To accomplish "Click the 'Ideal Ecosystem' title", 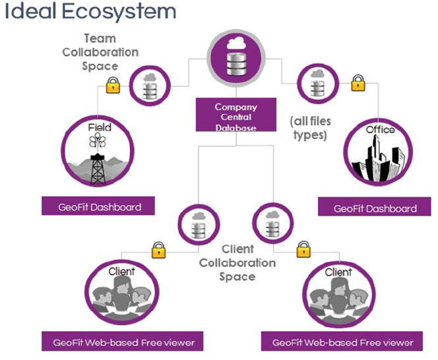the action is coord(90,11).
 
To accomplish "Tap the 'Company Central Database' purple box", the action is coord(236,115).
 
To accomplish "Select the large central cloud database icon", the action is coord(236,58).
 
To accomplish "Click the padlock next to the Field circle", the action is coord(113,85).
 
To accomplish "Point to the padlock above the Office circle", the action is coord(358,83).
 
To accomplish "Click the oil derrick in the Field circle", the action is coord(98,169).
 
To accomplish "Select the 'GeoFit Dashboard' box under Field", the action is coord(98,206).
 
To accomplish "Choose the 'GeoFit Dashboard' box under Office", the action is coord(374,206).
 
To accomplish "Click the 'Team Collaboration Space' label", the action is coord(100,52).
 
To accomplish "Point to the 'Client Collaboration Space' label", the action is coord(237,263).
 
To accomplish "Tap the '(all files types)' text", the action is coord(310,128).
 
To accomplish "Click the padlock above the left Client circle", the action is coord(159,250).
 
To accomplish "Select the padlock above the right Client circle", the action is coord(303,249).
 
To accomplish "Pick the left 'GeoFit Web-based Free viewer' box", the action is coord(122,341).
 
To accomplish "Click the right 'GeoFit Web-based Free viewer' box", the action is coord(342,341).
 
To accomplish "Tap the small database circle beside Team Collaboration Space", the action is coord(150,86).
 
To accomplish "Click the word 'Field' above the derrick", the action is coord(100,128).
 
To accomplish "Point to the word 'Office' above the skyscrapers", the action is coord(380,130).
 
